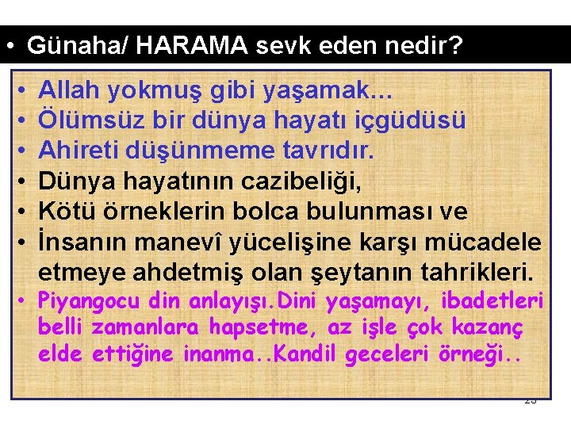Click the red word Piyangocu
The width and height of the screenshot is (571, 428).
point(88,302)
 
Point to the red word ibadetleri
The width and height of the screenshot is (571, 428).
point(496,301)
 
